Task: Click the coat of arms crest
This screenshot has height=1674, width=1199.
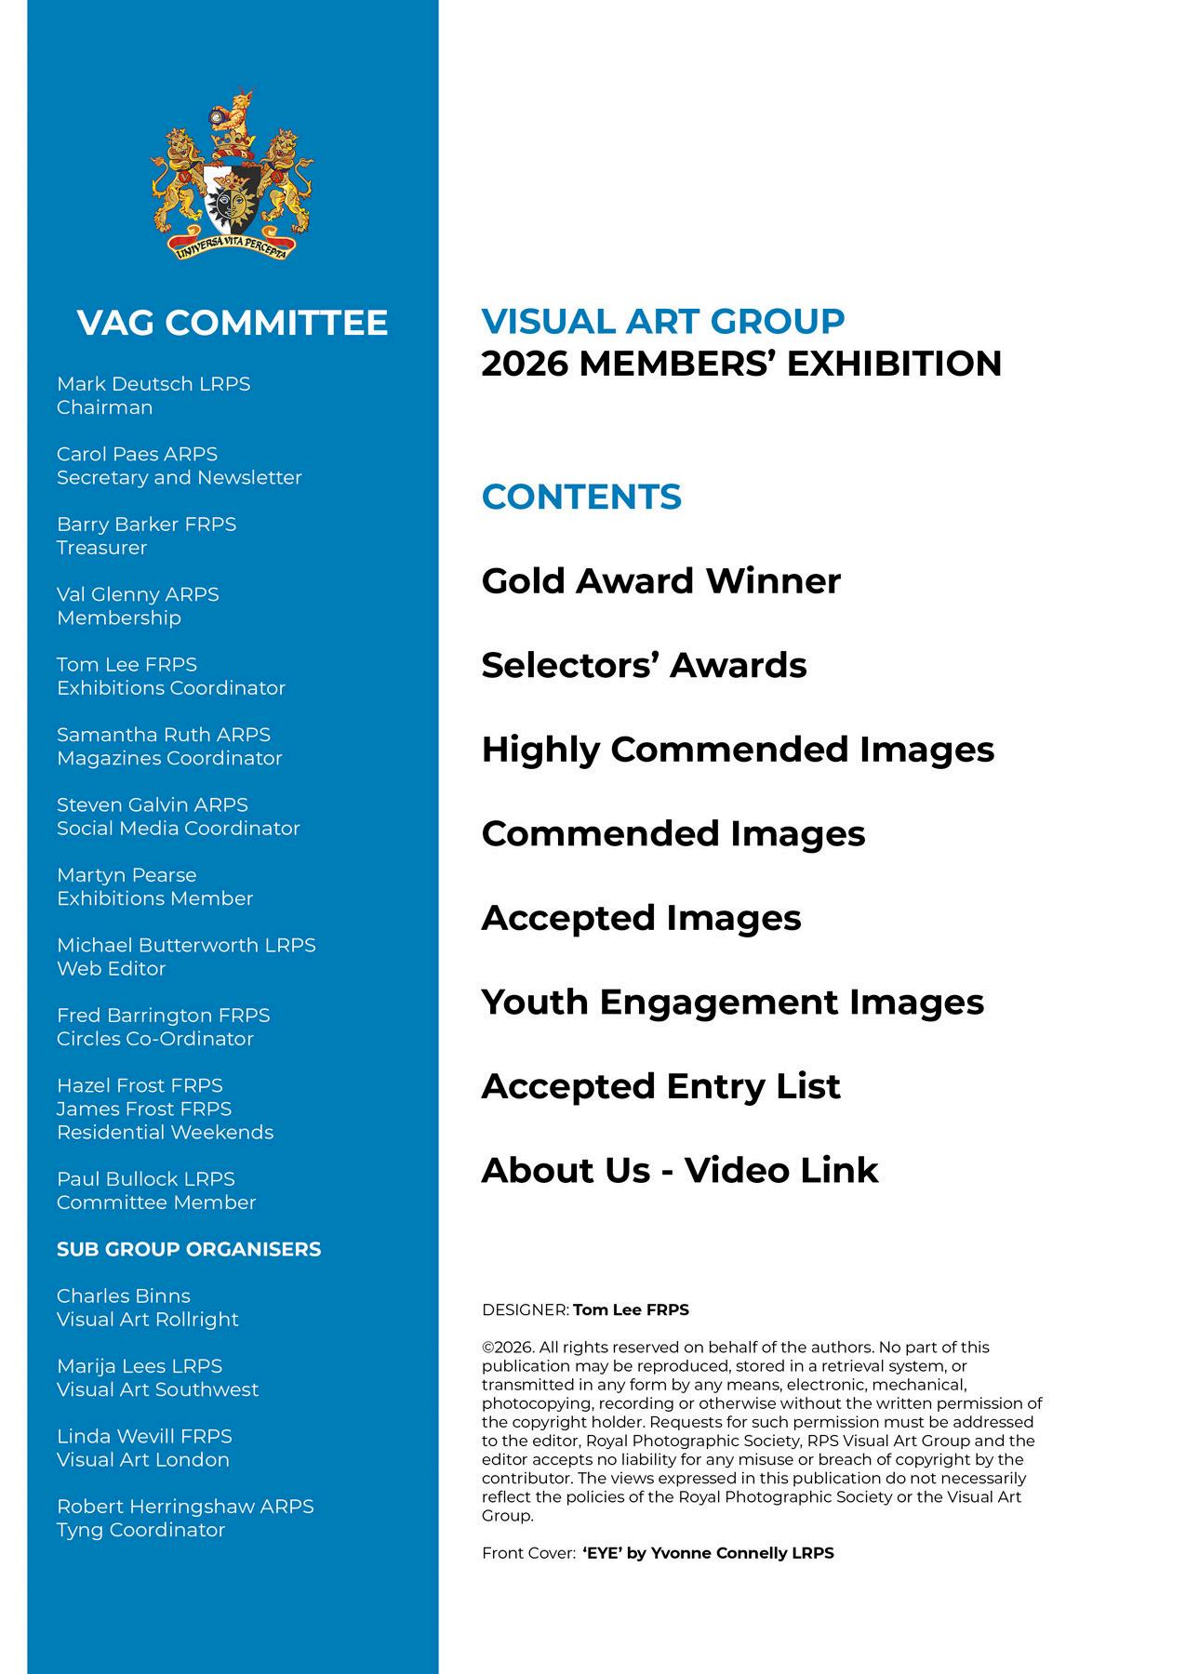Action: click(x=232, y=177)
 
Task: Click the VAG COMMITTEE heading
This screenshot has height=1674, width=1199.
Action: click(x=232, y=323)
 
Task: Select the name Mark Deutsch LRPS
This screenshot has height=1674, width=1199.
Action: click(x=153, y=384)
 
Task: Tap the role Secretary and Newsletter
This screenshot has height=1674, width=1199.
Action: click(x=180, y=477)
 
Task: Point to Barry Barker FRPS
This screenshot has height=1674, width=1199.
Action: click(x=146, y=525)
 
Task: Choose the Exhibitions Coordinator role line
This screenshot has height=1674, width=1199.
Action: click(x=171, y=688)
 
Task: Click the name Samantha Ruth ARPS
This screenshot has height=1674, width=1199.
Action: click(x=164, y=735)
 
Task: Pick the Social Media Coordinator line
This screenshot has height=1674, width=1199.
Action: click(x=179, y=828)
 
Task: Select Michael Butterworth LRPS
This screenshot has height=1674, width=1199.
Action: click(x=186, y=945)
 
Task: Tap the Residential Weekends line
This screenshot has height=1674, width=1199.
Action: click(x=165, y=1132)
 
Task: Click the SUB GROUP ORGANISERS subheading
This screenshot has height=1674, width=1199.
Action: click(x=189, y=1249)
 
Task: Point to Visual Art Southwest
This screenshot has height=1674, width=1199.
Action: click(x=157, y=1389)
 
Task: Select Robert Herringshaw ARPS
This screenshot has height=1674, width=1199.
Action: click(x=185, y=1506)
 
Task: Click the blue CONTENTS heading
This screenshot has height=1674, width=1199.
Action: click(x=581, y=497)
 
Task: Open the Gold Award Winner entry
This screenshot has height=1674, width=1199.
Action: click(x=660, y=581)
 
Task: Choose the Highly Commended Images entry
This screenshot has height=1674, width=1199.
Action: click(x=738, y=750)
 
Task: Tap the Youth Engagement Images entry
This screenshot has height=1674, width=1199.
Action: click(x=732, y=1003)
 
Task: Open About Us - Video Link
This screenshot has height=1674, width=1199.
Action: click(x=679, y=1171)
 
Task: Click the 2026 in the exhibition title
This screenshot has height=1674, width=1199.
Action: click(x=524, y=364)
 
